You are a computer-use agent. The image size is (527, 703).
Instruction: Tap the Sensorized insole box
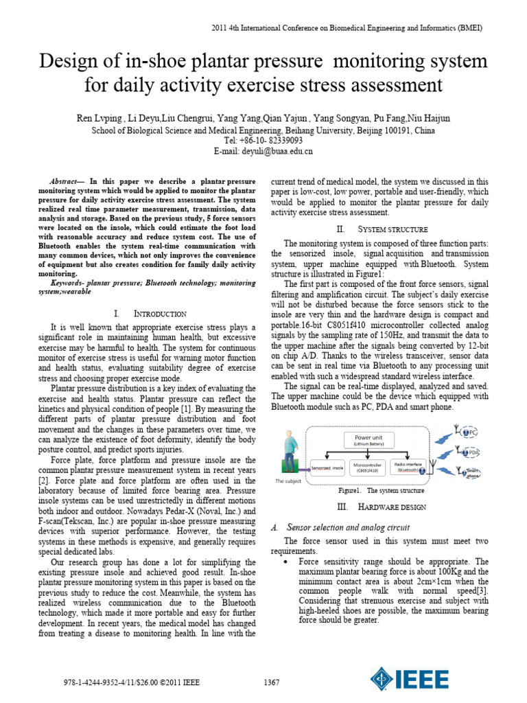point(327,468)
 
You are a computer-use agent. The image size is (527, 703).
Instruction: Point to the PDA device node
point(471,452)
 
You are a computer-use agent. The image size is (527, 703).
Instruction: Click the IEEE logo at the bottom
point(410,680)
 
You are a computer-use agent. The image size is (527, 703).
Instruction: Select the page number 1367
point(272,682)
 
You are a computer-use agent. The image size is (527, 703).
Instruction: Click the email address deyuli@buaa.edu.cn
point(263,151)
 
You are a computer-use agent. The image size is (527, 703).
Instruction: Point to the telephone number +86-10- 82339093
point(263,140)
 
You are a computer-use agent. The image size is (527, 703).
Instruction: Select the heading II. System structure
point(382,229)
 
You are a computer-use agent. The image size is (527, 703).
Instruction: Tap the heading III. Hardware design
point(382,507)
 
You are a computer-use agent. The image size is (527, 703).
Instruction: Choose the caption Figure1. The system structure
point(381,491)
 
